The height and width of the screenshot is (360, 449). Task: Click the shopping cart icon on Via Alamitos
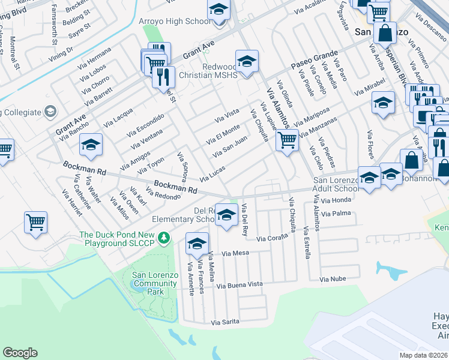[287, 141]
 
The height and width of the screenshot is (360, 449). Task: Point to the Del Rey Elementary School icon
[226, 215]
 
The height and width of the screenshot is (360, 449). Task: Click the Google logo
[20, 353]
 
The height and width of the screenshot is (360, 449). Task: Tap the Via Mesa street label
[235, 253]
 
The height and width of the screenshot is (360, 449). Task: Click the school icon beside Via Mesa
[196, 243]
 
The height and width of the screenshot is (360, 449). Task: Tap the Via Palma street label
[336, 213]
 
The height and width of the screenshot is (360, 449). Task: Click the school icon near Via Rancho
[91, 145]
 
